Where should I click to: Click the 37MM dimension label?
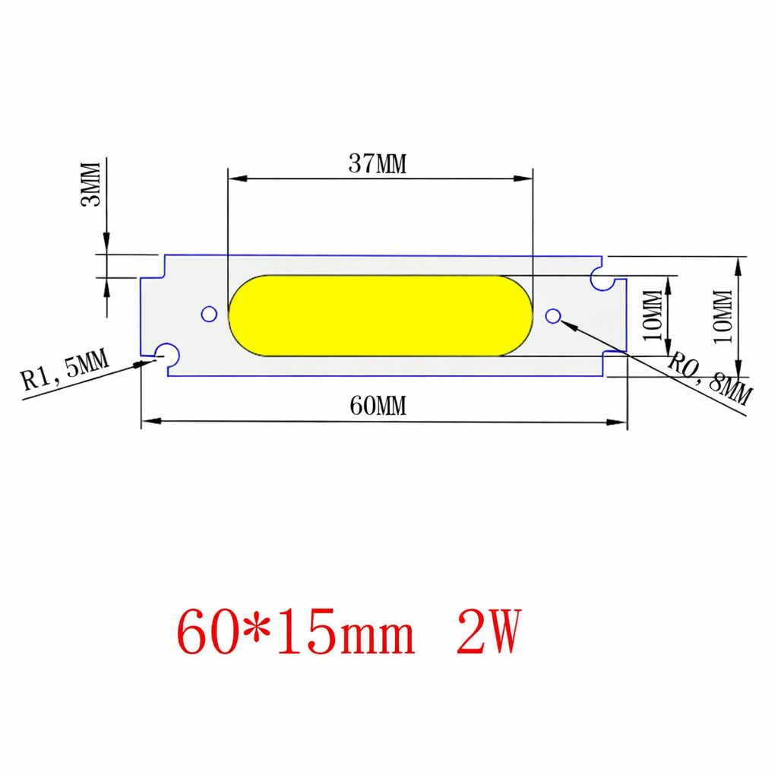[378, 164]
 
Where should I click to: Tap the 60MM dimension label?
[378, 406]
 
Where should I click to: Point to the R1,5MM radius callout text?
[64, 368]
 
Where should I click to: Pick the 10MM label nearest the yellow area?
[653, 315]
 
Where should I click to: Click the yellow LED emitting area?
[380, 314]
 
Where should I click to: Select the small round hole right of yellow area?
[554, 315]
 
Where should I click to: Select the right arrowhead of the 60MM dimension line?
[618, 420]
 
